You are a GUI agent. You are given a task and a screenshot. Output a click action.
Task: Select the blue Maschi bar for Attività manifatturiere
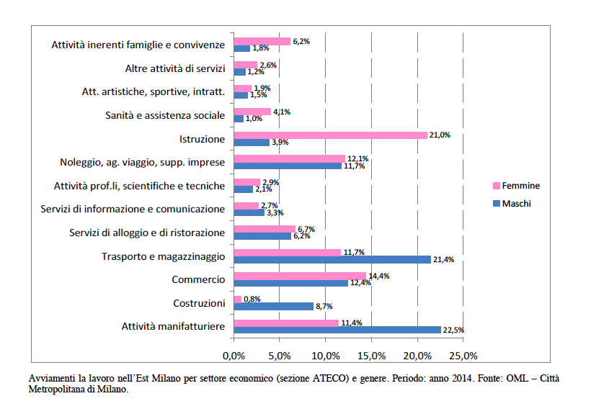click(x=337, y=330)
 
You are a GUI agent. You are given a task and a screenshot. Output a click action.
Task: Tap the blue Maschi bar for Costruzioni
click(x=274, y=306)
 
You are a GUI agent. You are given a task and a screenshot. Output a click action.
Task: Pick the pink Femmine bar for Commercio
click(x=300, y=276)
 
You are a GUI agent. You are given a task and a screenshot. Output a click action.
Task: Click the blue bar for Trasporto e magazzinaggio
click(x=332, y=259)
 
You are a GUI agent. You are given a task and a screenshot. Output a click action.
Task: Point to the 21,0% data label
click(x=440, y=135)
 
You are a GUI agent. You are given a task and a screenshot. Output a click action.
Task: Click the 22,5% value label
click(x=453, y=330)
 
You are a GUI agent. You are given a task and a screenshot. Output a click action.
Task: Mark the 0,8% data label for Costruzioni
click(x=252, y=299)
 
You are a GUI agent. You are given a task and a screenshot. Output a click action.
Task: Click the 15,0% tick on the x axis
click(x=371, y=356)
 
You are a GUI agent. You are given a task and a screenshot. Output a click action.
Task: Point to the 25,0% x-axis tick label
click(x=463, y=356)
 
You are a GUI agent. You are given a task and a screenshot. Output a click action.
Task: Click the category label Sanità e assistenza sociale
click(x=165, y=115)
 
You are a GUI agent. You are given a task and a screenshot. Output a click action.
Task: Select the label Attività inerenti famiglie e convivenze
click(x=138, y=45)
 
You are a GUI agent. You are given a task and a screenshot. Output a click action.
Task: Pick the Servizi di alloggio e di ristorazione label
click(x=147, y=233)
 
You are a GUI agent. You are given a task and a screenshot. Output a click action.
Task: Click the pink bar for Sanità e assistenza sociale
click(x=252, y=112)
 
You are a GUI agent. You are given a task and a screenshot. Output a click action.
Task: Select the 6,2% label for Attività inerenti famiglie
click(x=301, y=41)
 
